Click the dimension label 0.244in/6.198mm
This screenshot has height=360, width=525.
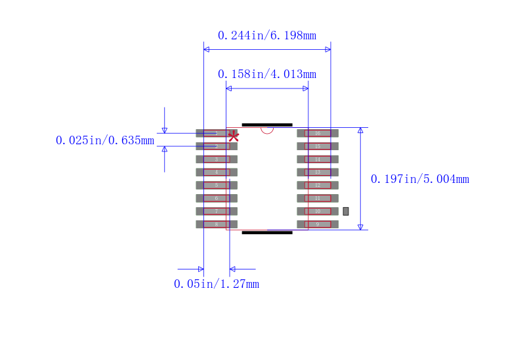266,35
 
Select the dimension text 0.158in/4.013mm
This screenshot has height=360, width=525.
266,74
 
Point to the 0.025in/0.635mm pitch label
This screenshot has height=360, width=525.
105,140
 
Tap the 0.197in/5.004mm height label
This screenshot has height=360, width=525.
420,179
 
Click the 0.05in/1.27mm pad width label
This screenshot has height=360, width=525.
217,284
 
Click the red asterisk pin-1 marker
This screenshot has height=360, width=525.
233,136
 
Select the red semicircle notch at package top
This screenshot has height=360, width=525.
267,130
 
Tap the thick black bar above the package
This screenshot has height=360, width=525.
267,125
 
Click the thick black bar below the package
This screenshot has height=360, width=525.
267,232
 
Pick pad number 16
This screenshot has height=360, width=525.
318,133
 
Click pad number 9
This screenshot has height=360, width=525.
318,224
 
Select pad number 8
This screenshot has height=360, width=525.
217,224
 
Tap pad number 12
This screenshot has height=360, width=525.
318,185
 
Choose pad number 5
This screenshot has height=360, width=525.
217,185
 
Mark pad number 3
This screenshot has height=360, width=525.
217,159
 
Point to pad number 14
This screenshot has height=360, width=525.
318,159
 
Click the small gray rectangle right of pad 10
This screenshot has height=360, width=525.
346,211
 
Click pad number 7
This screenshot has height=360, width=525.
217,211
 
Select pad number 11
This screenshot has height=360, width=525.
318,198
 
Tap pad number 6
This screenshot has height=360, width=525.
217,198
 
